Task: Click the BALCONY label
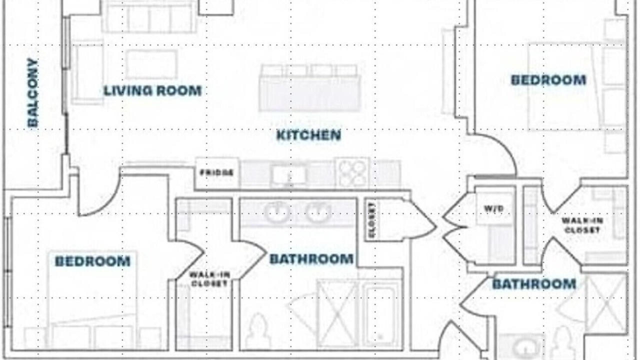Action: click(32, 92)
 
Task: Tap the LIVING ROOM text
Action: click(152, 91)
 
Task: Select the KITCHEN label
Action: click(309, 135)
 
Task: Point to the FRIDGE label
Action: click(217, 173)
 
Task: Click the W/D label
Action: click(493, 209)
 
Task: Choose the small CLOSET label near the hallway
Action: click(371, 220)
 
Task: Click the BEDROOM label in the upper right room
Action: click(548, 80)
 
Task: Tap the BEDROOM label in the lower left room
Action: click(92, 261)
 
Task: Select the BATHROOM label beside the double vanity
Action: click(311, 259)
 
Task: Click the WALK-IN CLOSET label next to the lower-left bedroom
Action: click(209, 279)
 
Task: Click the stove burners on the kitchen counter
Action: click(352, 173)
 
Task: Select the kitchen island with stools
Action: click(309, 88)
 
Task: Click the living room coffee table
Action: click(151, 64)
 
